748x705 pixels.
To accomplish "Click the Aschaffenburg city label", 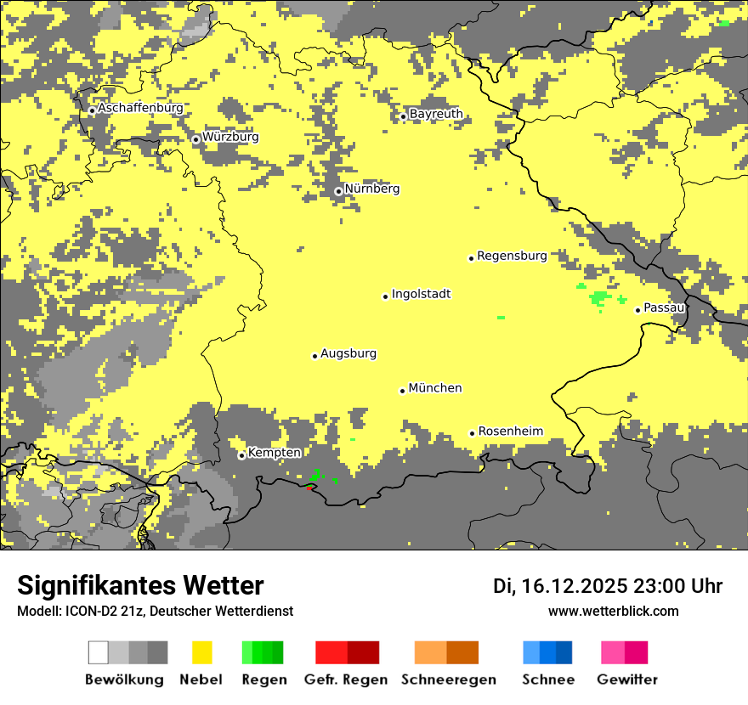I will pos(140,109).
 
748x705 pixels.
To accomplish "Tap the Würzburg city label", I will pos(230,137).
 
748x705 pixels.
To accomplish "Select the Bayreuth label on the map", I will pos(436,114).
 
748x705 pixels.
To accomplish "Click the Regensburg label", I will pos(512,256).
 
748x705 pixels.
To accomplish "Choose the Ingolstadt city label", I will pos(422,294).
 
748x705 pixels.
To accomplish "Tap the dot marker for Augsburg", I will pos(314,356).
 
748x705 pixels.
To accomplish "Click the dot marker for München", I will pos(402,391).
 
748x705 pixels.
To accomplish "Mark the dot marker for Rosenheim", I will pos(472,433).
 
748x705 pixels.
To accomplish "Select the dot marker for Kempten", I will pos(241,455).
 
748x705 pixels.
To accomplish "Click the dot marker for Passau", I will pos(637,310).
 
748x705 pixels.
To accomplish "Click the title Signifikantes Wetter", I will pos(140,585).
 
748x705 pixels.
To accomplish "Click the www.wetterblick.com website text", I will pos(614,611).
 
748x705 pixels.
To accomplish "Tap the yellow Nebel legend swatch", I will pos(202,652).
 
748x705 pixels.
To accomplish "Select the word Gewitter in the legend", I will pos(627,680).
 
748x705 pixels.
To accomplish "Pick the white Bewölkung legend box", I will pos(99,652).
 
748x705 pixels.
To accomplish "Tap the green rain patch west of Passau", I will pos(601,297).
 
